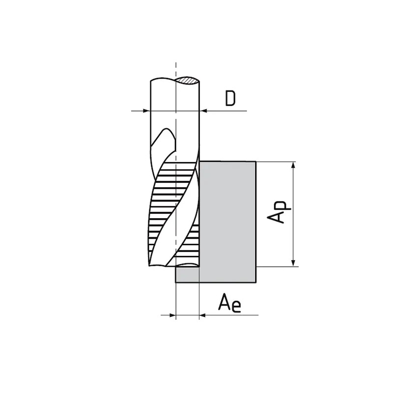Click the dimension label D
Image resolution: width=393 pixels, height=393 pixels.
click(230, 99)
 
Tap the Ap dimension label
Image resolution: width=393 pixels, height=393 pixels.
click(279, 212)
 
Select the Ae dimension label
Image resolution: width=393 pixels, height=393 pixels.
click(229, 303)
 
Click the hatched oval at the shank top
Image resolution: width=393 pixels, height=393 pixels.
click(187, 80)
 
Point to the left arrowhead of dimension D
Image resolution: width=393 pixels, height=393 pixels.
click(146, 111)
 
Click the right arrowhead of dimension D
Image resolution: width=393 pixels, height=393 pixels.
click(203, 111)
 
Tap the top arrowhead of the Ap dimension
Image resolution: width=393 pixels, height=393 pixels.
click(293, 166)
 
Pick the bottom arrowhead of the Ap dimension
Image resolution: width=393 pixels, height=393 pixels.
click(293, 263)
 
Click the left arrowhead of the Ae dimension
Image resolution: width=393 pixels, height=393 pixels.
click(172, 315)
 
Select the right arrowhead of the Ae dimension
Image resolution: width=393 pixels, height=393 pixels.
click(203, 315)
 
